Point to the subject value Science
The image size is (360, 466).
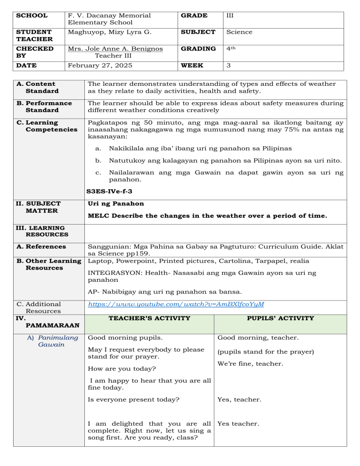click(x=239, y=32)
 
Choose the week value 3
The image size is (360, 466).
click(x=228, y=66)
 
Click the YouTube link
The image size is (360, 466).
click(x=176, y=304)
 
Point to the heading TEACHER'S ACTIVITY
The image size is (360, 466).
click(x=149, y=318)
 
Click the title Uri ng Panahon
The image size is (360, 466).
click(x=116, y=203)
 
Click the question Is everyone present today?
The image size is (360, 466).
click(x=134, y=400)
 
